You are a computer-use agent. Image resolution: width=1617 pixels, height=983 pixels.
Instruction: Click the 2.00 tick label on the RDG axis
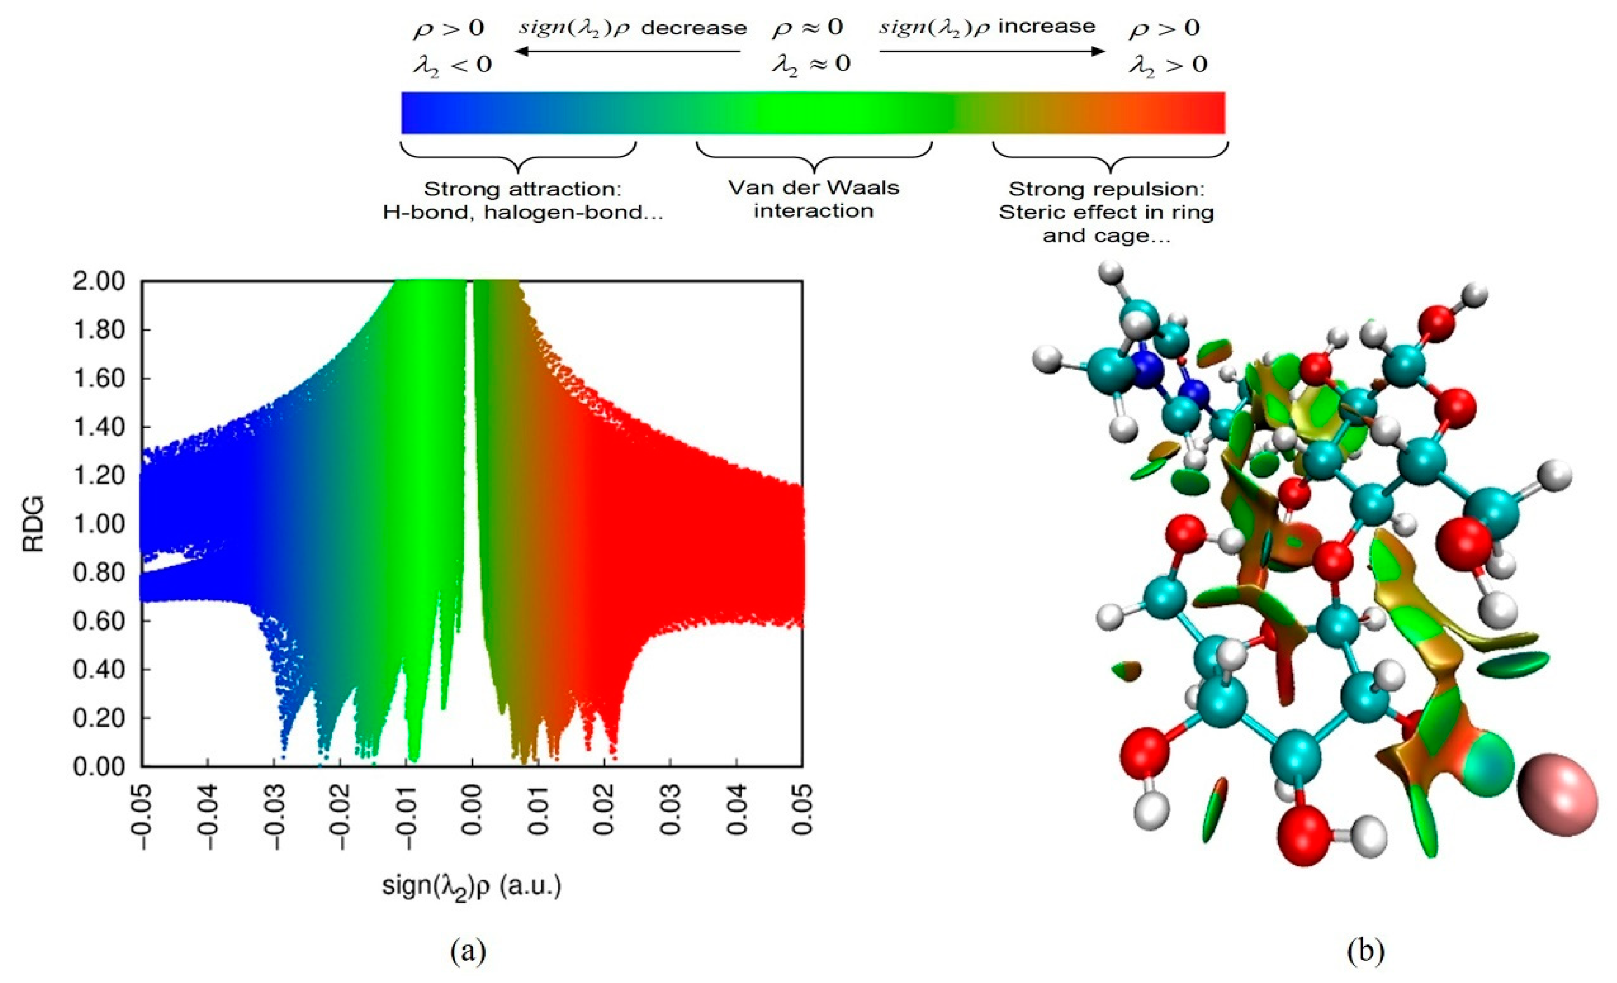pos(99,281)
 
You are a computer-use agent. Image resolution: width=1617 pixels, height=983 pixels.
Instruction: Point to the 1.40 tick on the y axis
pos(99,427)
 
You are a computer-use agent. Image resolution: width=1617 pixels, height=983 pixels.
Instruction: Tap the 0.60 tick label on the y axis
pos(99,621)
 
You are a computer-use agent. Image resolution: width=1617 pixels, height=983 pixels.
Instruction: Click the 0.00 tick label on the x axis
pos(472,809)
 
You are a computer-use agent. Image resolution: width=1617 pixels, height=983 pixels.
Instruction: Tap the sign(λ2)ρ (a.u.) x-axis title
pos(472,886)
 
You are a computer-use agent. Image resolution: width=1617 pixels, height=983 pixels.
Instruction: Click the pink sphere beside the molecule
pos(1557,803)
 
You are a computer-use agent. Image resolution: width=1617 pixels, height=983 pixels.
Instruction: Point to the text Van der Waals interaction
pos(814,199)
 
